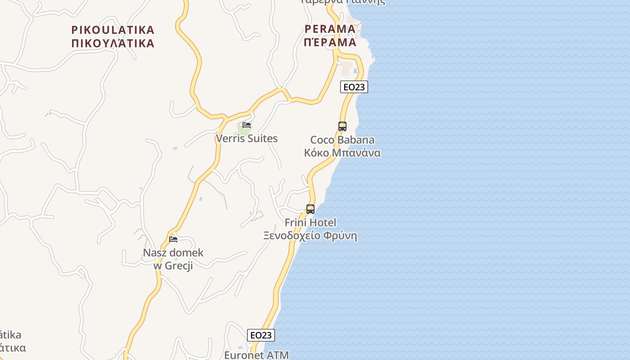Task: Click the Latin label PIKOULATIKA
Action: click(x=113, y=30)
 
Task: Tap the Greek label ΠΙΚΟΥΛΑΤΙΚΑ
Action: click(x=113, y=44)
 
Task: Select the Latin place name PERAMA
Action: click(x=330, y=29)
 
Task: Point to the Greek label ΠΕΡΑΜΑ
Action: click(x=330, y=43)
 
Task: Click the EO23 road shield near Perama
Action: click(x=354, y=87)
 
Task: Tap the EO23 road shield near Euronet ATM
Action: click(x=261, y=335)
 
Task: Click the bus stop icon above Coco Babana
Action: click(x=342, y=126)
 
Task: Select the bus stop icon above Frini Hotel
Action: click(x=310, y=209)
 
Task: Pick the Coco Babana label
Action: click(x=342, y=140)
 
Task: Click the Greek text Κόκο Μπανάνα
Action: click(x=342, y=153)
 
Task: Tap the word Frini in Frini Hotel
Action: click(x=296, y=223)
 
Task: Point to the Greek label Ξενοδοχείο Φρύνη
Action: click(x=310, y=236)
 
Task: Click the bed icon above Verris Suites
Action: click(x=247, y=125)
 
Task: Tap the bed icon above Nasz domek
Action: click(x=173, y=239)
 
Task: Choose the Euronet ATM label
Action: click(x=256, y=355)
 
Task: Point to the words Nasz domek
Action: click(x=173, y=253)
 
